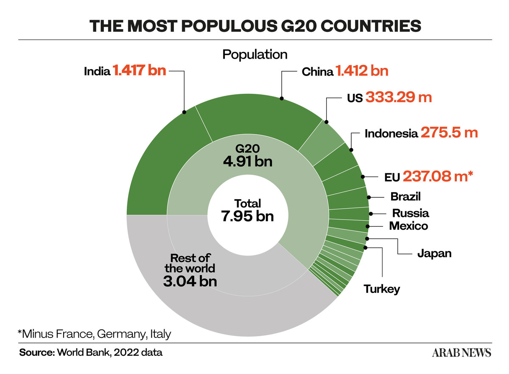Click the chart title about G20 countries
255,26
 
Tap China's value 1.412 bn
362,71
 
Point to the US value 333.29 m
399,97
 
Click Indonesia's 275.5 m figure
449,132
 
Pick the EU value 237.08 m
438,177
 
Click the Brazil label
406,197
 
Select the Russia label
411,213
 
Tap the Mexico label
408,226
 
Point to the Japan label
434,254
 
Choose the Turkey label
382,290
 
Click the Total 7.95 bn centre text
247,210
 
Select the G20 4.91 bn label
247,155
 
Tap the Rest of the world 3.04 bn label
190,270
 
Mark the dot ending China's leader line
282,98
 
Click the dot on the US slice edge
326,122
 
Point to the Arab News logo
461,353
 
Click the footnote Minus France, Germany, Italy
94,334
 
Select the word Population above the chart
255,55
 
